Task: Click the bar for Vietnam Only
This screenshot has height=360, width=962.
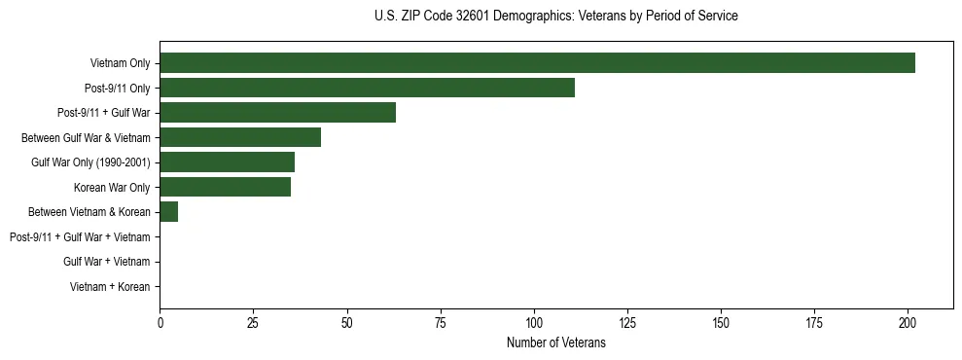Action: point(537,63)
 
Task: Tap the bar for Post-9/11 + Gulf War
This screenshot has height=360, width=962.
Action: point(277,113)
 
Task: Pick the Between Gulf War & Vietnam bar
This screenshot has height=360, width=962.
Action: point(240,137)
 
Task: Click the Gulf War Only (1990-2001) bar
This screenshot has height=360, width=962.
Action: point(227,162)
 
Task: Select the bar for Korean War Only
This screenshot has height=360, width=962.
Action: point(225,187)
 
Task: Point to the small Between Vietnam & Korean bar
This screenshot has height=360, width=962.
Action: point(169,212)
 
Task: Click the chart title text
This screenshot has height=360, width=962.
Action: point(555,17)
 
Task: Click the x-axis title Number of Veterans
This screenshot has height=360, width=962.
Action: point(555,343)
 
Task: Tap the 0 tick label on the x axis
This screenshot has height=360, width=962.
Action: point(160,322)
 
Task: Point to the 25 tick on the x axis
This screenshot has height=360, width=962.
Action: point(253,322)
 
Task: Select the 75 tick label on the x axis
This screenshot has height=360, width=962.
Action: point(440,322)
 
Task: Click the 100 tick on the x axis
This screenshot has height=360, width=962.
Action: point(533,322)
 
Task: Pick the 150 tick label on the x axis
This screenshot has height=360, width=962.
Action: point(720,322)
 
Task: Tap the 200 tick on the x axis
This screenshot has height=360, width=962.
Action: point(907,322)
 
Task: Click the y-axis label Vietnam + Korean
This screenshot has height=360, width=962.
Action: point(110,287)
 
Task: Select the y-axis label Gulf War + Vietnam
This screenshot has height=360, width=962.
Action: point(107,262)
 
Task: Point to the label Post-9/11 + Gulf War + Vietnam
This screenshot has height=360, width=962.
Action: point(80,237)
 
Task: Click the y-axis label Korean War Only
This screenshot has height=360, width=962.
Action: point(112,187)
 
